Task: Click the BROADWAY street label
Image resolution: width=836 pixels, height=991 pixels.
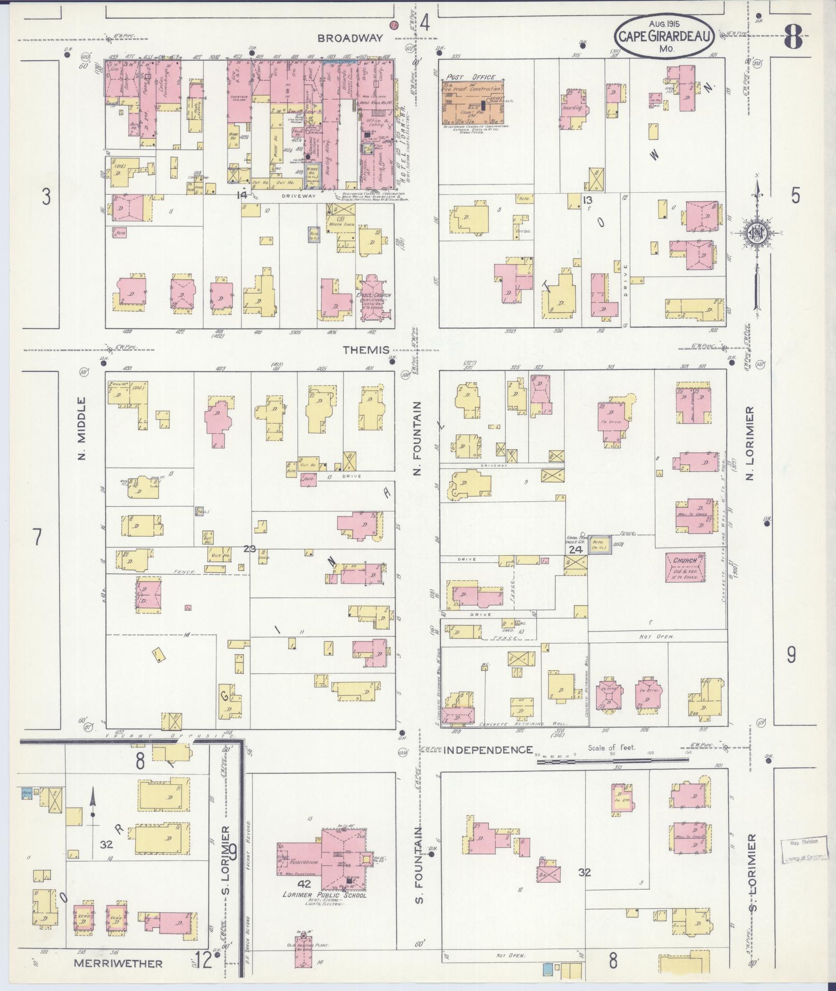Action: [350, 38]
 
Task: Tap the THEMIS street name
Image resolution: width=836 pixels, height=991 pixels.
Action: [366, 350]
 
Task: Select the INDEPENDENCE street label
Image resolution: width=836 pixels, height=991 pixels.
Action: [489, 750]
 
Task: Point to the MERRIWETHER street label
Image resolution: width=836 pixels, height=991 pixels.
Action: [118, 963]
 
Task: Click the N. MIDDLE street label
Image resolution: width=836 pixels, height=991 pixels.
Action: [81, 428]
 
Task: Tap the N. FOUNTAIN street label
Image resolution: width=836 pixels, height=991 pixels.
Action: [418, 438]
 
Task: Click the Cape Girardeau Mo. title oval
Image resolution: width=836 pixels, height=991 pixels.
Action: [665, 35]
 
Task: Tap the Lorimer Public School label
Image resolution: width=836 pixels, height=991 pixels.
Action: [324, 895]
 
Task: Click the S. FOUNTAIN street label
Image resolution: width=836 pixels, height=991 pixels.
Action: [419, 865]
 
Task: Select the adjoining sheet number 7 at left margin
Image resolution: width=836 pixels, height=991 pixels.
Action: [37, 537]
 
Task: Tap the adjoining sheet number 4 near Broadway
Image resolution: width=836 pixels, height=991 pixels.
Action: [425, 23]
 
